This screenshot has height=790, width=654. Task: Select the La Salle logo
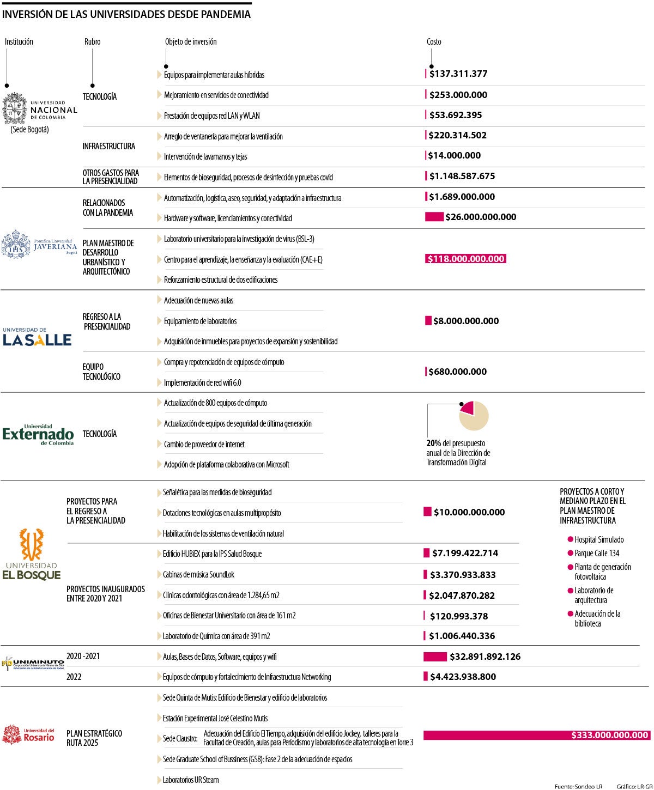37,338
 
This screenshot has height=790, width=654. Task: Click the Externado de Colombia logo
38,434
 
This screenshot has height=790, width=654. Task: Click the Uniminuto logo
33,663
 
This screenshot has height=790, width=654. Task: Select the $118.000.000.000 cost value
465,259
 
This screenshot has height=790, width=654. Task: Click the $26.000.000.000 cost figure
480,217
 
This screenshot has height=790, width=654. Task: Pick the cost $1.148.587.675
462,176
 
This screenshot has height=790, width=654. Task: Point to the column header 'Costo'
434,42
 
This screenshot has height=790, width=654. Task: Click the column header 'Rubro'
92,42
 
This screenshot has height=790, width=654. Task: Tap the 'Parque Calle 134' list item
596,553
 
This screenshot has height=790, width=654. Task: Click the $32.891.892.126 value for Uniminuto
485,657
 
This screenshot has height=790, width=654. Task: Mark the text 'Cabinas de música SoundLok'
198,574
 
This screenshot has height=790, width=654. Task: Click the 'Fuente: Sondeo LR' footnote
578,786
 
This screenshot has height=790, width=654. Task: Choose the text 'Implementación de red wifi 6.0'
202,382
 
